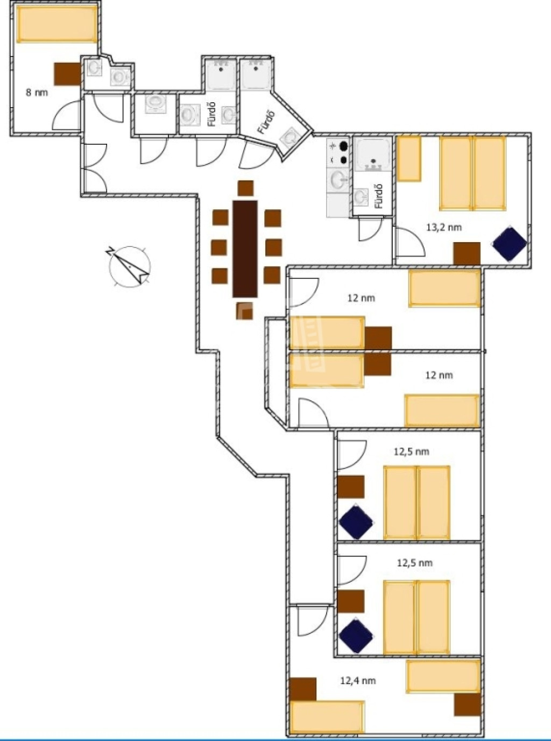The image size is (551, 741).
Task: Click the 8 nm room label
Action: pyautogui.click(x=37, y=93)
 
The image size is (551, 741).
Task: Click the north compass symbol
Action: pyautogui.click(x=130, y=266)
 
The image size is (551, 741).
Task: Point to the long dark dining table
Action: pyautogui.click(x=245, y=249)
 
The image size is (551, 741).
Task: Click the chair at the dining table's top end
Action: pyautogui.click(x=246, y=188)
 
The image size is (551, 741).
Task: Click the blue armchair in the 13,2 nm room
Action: pyautogui.click(x=510, y=244)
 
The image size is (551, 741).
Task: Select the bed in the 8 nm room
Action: pyautogui.click(x=58, y=24)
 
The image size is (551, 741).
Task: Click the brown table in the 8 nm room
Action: pyautogui.click(x=67, y=74)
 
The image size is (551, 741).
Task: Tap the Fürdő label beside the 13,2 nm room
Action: pyautogui.click(x=378, y=196)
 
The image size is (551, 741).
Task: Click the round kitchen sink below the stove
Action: pyautogui.click(x=339, y=180)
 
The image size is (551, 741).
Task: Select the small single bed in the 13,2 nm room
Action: pyautogui.click(x=409, y=158)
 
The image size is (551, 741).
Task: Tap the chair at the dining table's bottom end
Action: pyautogui.click(x=245, y=311)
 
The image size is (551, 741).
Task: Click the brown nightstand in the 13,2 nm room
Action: pyautogui.click(x=467, y=253)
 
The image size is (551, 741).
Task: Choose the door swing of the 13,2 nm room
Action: pyautogui.click(x=410, y=242)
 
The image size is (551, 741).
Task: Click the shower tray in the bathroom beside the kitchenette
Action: pyautogui.click(x=373, y=154)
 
